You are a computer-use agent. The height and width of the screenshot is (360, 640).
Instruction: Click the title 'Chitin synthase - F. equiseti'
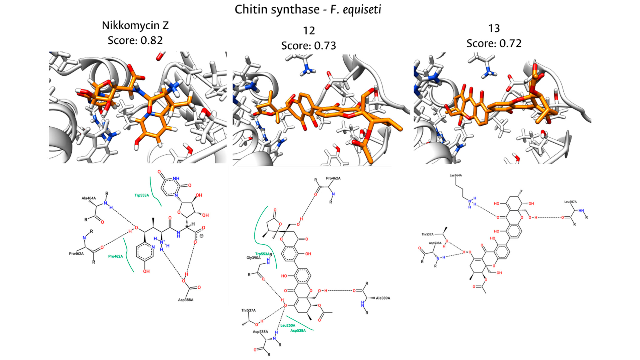click(x=308, y=10)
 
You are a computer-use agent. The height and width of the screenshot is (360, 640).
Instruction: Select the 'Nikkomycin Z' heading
click(x=135, y=26)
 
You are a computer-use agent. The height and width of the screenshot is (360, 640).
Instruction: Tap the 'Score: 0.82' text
click(x=135, y=41)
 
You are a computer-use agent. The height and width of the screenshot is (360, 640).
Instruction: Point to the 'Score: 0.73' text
click(x=308, y=46)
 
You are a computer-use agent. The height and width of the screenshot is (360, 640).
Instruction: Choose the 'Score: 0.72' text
click(x=494, y=43)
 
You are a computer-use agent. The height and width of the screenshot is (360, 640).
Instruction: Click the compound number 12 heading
click(x=309, y=31)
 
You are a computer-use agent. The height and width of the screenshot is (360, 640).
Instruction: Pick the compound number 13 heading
click(x=494, y=29)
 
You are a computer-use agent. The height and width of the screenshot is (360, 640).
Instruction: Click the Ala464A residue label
click(x=89, y=198)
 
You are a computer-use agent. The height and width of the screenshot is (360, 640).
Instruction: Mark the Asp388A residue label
click(x=186, y=300)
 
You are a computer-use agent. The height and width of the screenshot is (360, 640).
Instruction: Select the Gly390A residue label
click(x=254, y=258)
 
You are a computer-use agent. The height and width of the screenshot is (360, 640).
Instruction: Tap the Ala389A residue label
click(x=383, y=298)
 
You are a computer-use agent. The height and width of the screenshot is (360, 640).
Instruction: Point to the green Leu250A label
click(x=288, y=325)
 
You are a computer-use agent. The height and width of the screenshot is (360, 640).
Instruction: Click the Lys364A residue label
click(x=456, y=175)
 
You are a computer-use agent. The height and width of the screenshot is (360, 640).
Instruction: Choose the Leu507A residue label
click(x=570, y=202)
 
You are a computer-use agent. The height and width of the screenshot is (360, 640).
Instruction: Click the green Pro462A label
click(x=115, y=256)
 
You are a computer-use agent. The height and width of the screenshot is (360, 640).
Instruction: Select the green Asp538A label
click(x=298, y=331)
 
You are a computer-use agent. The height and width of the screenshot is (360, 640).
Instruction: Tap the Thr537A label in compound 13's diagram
click(x=427, y=234)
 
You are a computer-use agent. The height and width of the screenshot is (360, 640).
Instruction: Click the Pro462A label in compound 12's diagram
click(x=333, y=178)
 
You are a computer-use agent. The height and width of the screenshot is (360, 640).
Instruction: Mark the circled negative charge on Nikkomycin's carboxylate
click(x=201, y=236)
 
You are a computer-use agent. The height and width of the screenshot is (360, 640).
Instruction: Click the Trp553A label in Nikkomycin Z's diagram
click(x=142, y=195)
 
